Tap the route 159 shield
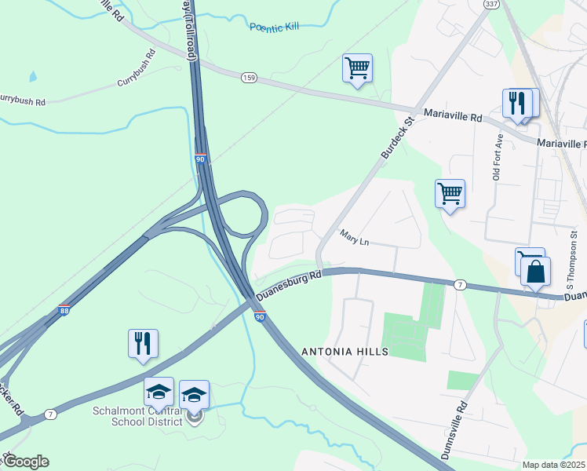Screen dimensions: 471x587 click(x=249, y=77)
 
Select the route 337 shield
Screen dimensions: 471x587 click(x=490, y=4)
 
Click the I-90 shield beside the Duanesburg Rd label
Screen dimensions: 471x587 click(x=260, y=315)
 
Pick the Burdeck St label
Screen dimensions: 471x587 click(x=397, y=139)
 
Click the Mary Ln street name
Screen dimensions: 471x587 click(x=354, y=237)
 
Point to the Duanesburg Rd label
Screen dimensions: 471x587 click(x=290, y=286)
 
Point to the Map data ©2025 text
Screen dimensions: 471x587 click(x=554, y=465)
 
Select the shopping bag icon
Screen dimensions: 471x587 click(x=535, y=272)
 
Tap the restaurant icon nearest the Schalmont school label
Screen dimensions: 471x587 click(x=143, y=344)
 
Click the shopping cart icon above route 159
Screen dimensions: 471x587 click(x=357, y=68)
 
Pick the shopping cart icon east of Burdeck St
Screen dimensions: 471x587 click(x=450, y=194)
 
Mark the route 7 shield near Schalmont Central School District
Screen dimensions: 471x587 click(x=50, y=413)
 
